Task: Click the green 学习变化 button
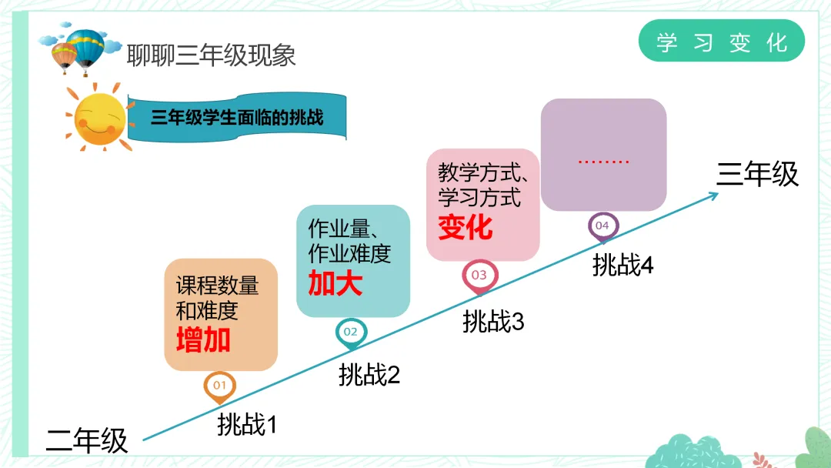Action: tap(722, 42)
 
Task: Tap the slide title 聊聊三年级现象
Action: tap(211, 55)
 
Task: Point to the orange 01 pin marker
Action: tap(219, 386)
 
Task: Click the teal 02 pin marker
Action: tap(351, 333)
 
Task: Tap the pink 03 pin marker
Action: tap(479, 276)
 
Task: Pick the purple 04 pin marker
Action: tap(602, 226)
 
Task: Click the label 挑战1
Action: tap(246, 424)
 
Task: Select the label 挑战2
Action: tap(369, 375)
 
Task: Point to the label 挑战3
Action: tap(493, 322)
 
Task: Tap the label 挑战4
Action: tap(622, 266)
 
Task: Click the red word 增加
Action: tap(203, 339)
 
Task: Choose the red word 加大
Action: tap(335, 284)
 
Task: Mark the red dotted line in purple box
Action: tap(603, 162)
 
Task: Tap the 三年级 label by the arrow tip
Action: tap(757, 174)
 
